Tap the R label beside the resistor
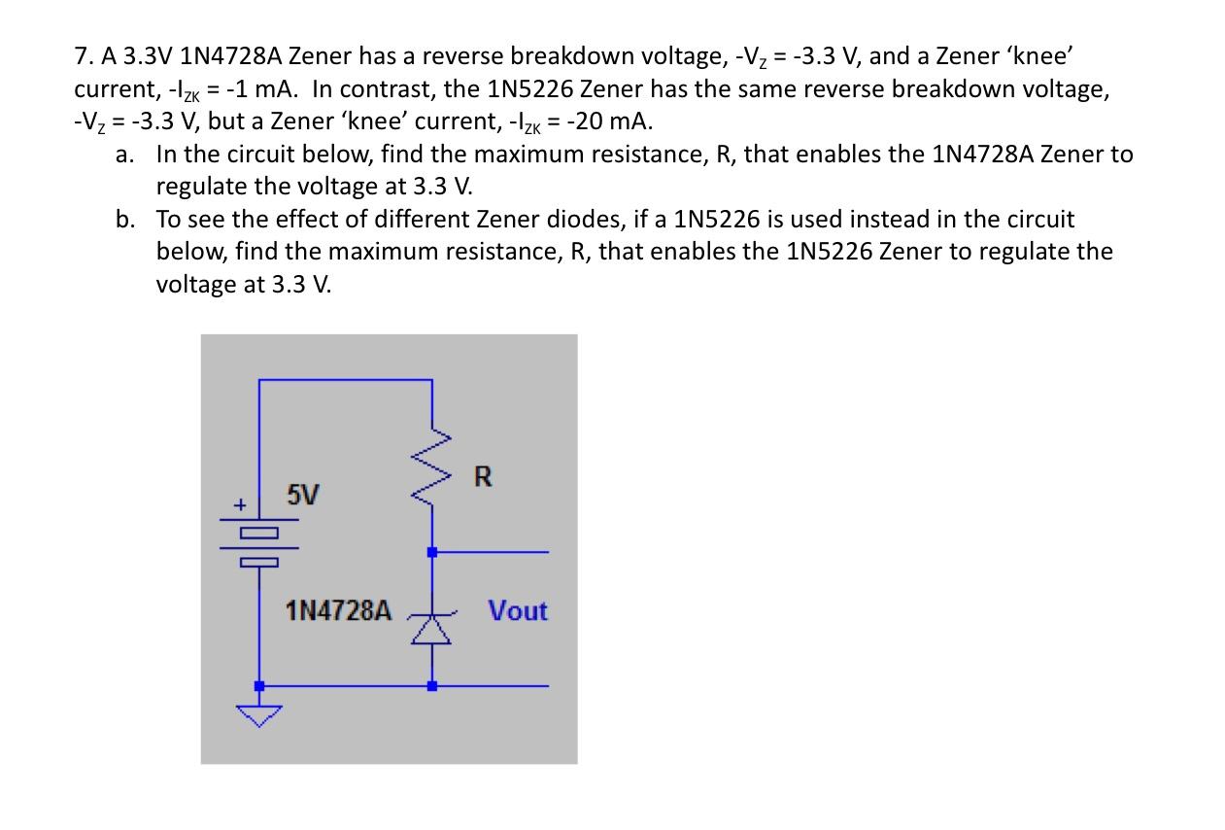[483, 477]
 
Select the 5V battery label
[302, 496]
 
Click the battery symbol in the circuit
[259, 546]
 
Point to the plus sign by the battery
[237, 505]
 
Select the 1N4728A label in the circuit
[339, 611]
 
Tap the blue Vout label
[518, 611]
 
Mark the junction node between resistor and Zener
[432, 552]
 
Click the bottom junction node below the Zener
[432, 685]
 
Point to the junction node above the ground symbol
[259, 685]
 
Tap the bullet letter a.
[123, 154]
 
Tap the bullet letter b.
[124, 219]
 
